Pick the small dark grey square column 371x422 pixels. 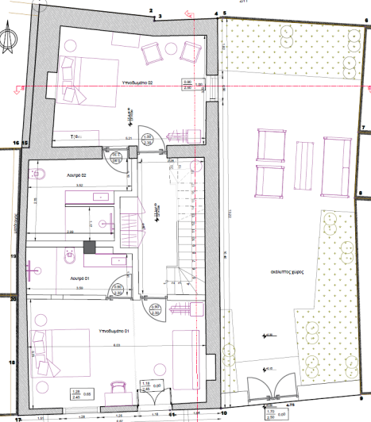pos(90,247)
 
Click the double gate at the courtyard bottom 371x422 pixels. pos(264,389)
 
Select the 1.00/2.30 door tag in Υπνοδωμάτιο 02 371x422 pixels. pos(147,140)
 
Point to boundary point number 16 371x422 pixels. pos(16,143)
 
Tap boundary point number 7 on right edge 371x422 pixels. pos(363,127)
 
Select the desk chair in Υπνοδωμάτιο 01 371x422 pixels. pos(119,388)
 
